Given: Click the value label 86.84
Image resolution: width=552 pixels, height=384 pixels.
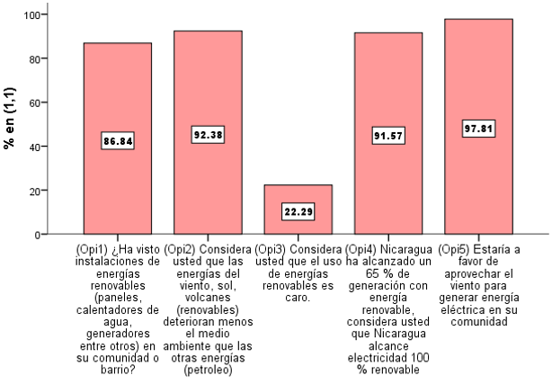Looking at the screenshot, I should pyautogui.click(x=118, y=141).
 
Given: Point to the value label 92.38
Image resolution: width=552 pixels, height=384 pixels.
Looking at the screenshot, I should pyautogui.click(x=208, y=135).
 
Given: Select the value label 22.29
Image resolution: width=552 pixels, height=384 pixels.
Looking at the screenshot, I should pyautogui.click(x=298, y=211).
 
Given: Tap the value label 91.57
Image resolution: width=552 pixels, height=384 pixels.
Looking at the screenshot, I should pyautogui.click(x=387, y=136).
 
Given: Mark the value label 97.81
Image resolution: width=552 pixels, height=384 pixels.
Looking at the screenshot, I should pyautogui.click(x=477, y=129).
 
